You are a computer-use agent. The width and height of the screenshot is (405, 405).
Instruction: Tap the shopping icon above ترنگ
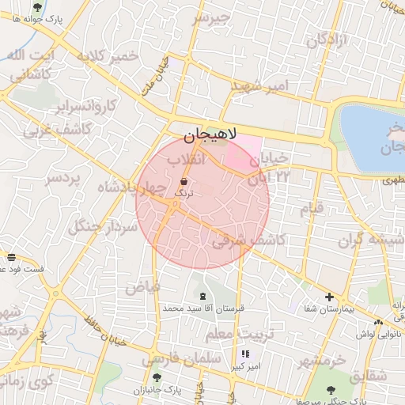[184, 181]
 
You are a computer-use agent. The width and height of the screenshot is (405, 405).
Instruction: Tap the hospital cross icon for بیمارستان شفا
[329, 297]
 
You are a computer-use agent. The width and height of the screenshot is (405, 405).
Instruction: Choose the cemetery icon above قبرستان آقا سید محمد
[203, 296]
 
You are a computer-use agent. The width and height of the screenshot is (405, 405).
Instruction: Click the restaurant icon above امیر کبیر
[245, 354]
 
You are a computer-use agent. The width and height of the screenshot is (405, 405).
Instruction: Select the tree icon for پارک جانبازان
[157, 378]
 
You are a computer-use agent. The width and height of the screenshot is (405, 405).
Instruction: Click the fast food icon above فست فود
[11, 256]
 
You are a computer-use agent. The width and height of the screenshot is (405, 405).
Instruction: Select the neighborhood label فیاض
[142, 286]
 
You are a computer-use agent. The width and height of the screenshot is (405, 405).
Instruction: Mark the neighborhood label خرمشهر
[321, 361]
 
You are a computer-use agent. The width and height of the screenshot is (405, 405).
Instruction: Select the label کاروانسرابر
[86, 105]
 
